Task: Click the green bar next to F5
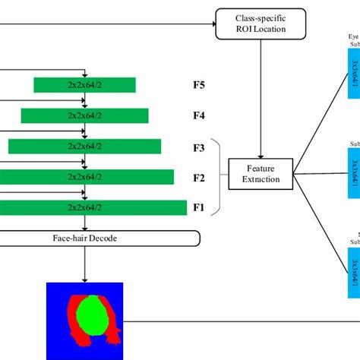(x=84, y=86)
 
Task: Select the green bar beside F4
(x=84, y=116)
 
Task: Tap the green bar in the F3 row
(x=84, y=147)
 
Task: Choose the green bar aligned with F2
(x=84, y=177)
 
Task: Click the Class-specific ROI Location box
(x=261, y=23)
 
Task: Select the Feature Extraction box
(x=261, y=174)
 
